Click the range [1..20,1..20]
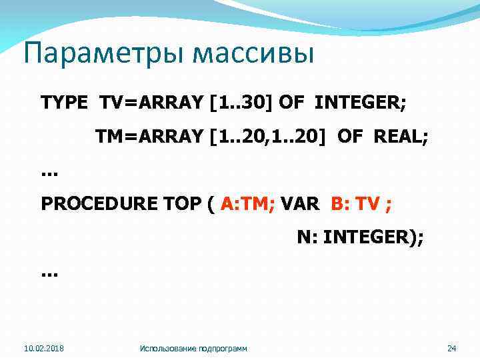click(269, 137)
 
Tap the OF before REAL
click(350, 137)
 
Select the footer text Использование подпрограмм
click(193, 348)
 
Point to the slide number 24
click(451, 348)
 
